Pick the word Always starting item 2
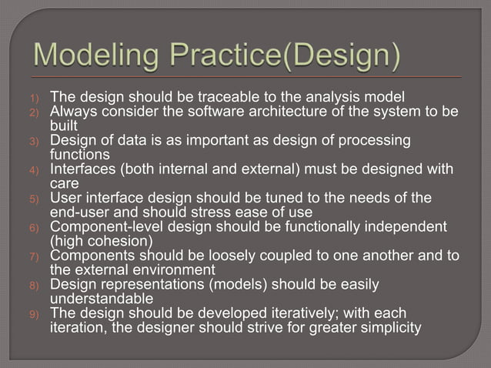click(72, 112)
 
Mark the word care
click(65, 184)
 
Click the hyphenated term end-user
click(80, 212)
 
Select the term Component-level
click(105, 227)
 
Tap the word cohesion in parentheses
click(115, 242)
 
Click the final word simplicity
click(389, 328)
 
